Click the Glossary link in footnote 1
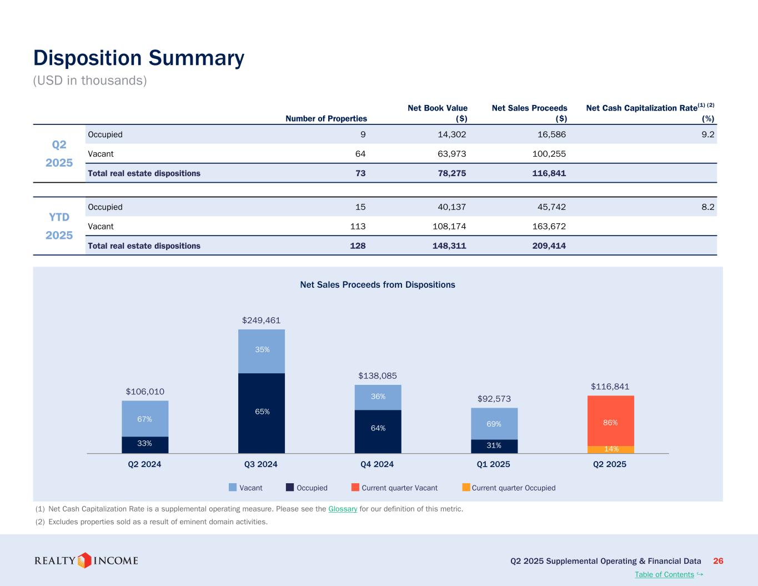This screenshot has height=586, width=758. pos(343,509)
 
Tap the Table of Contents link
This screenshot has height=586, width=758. pos(664,574)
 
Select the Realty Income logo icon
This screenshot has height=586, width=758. pos(84,560)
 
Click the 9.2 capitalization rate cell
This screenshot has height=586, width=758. pos(707,134)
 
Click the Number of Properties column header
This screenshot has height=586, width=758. pos(326,118)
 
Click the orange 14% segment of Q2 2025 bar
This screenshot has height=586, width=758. pos(611,449)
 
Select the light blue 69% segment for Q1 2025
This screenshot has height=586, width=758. pos(494,424)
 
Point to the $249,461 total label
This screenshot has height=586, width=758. pos(261,320)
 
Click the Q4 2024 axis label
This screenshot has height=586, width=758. pos(377,464)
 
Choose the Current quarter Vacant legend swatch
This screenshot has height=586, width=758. pos(355,488)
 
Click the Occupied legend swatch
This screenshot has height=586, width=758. pos(290,488)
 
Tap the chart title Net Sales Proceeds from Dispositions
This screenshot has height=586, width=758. pos(378,285)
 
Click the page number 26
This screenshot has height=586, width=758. pos(718,561)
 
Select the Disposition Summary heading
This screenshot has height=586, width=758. pos(139,58)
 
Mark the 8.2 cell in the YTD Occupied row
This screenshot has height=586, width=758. pos(707,207)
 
